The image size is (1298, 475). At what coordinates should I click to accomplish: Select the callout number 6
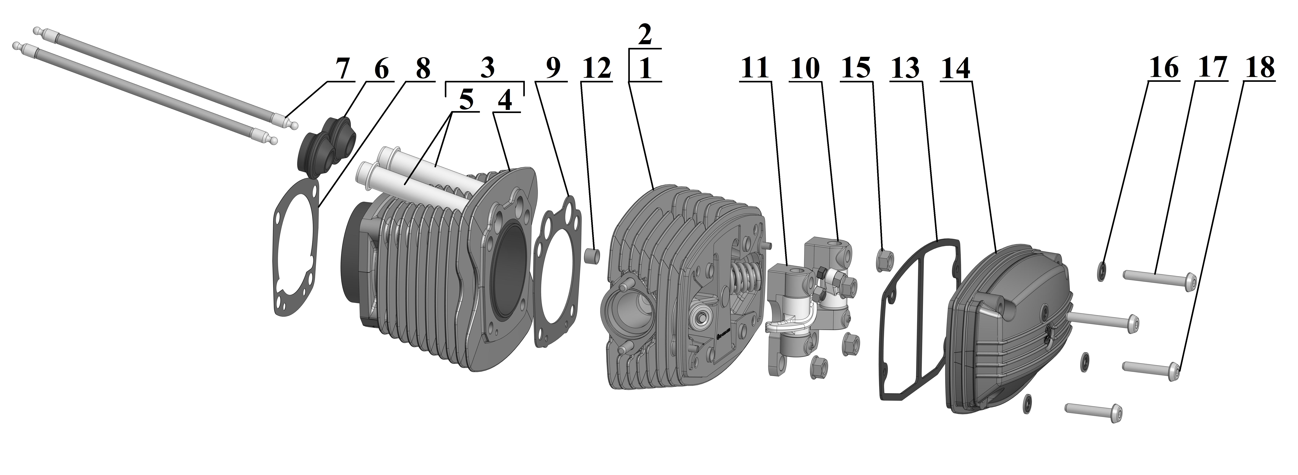click(x=381, y=69)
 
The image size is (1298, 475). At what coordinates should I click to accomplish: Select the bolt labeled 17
click(x=1159, y=279)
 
